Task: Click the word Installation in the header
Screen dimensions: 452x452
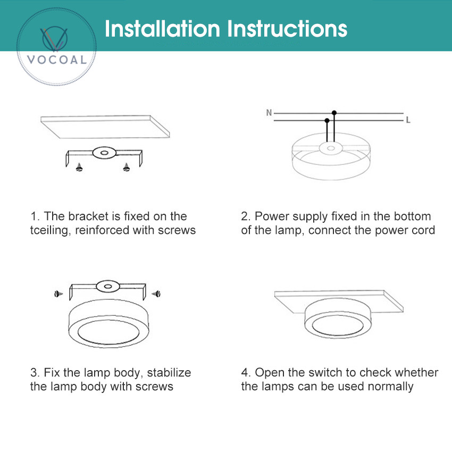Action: coord(162,29)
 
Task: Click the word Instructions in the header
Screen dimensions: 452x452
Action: coord(287,29)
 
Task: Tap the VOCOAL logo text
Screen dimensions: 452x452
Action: coord(56,60)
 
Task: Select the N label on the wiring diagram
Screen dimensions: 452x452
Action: coord(269,113)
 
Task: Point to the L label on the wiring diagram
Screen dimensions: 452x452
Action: coord(408,120)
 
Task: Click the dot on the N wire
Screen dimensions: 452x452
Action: coord(334,113)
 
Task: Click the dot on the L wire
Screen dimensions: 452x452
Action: coord(327,120)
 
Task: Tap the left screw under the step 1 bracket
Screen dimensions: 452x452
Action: coord(79,167)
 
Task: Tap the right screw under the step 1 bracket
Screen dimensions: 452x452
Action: coord(126,167)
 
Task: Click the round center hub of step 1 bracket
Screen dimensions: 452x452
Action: coord(104,153)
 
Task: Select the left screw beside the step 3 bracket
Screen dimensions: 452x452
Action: coord(58,294)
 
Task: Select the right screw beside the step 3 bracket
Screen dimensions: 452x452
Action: coord(156,294)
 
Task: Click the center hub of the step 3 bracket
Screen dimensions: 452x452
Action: coord(108,286)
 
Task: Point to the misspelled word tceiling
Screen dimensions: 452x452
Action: coord(51,231)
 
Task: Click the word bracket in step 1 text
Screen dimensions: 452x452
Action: coord(88,216)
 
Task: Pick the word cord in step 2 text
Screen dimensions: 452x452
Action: coord(423,230)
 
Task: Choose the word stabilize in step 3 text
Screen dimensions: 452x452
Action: coord(169,372)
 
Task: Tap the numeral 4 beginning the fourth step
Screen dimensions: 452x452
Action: coord(245,372)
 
